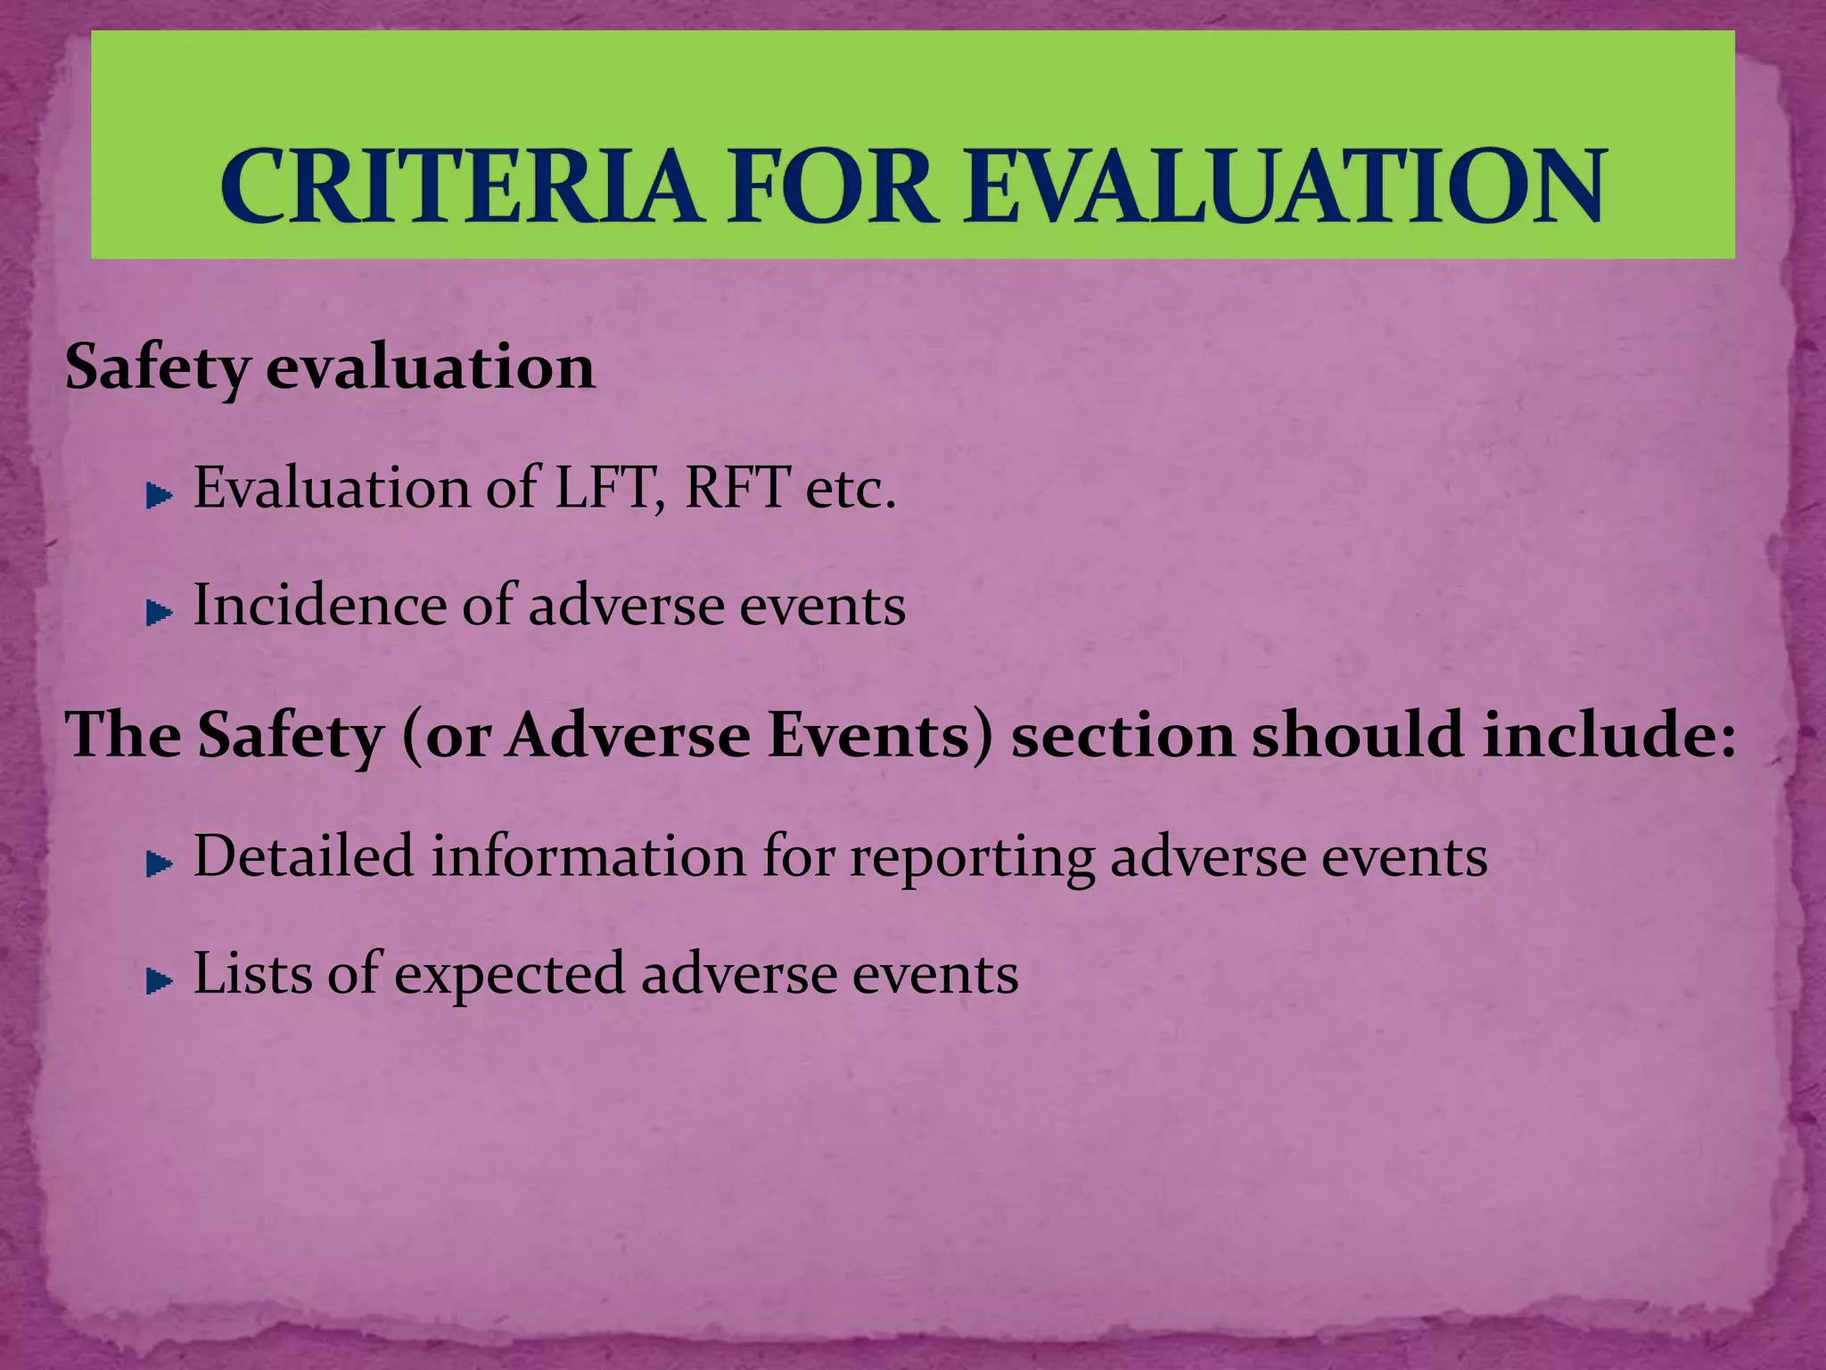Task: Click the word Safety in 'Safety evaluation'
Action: (x=157, y=367)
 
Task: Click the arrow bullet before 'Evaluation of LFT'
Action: (x=159, y=496)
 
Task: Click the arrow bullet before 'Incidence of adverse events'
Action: (x=159, y=613)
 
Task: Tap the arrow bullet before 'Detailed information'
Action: (x=159, y=863)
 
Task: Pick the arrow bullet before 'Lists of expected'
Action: (x=159, y=981)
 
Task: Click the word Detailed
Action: (x=303, y=856)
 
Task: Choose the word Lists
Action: (x=251, y=973)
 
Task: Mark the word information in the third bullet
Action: (x=588, y=856)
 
